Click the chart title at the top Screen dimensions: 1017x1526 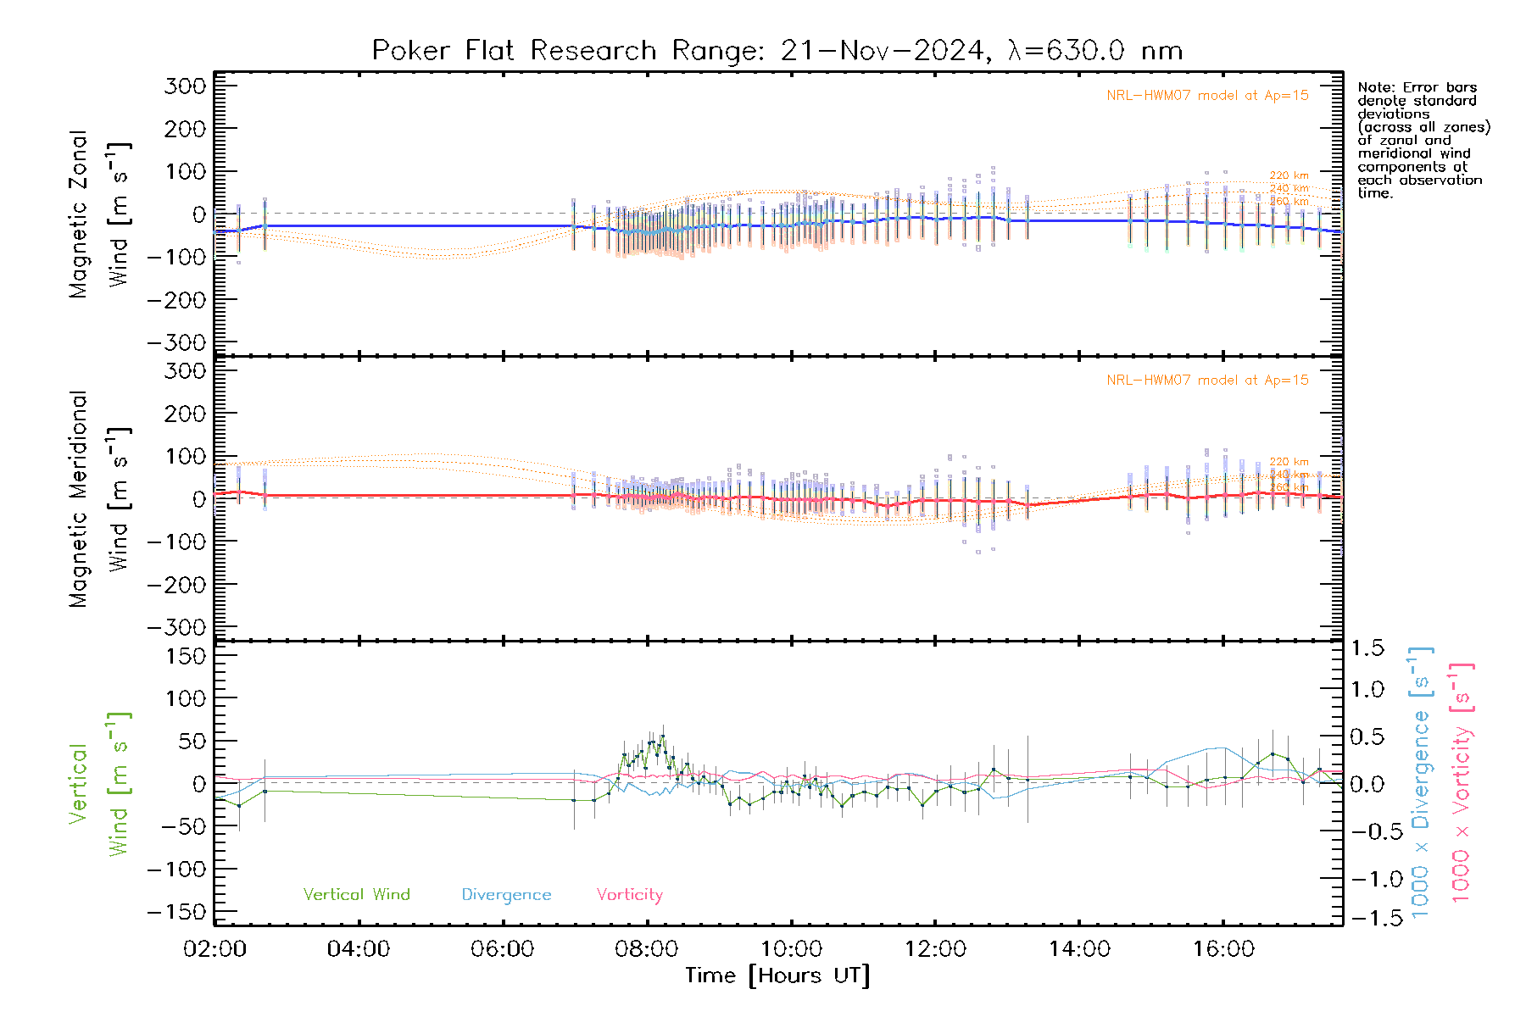pos(777,51)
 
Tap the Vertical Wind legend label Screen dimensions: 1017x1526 pos(356,895)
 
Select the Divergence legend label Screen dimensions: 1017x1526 pos(506,895)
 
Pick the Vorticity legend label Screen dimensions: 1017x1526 pos(629,895)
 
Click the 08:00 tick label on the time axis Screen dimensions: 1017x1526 pos(646,949)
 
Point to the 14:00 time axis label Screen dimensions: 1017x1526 pos(1079,949)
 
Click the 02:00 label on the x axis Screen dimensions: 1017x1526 pos(214,949)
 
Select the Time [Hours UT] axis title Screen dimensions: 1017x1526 pos(777,975)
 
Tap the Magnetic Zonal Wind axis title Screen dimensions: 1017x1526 pos(98,214)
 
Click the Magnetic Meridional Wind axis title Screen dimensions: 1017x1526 pos(98,499)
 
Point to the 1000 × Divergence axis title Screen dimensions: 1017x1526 pos(1421,783)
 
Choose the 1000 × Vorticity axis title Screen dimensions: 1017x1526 pos(1461,783)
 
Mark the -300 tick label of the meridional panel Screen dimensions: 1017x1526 pos(177,628)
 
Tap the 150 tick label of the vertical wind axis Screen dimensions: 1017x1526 pos(186,656)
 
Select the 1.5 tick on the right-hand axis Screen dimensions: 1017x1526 pos(1367,648)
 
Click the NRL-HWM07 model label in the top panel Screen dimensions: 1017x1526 pos(1207,96)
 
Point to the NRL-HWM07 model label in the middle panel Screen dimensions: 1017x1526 pos(1207,381)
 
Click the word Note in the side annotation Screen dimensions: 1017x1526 pos(1374,87)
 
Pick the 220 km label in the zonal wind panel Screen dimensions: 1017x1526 pos(1289,175)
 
